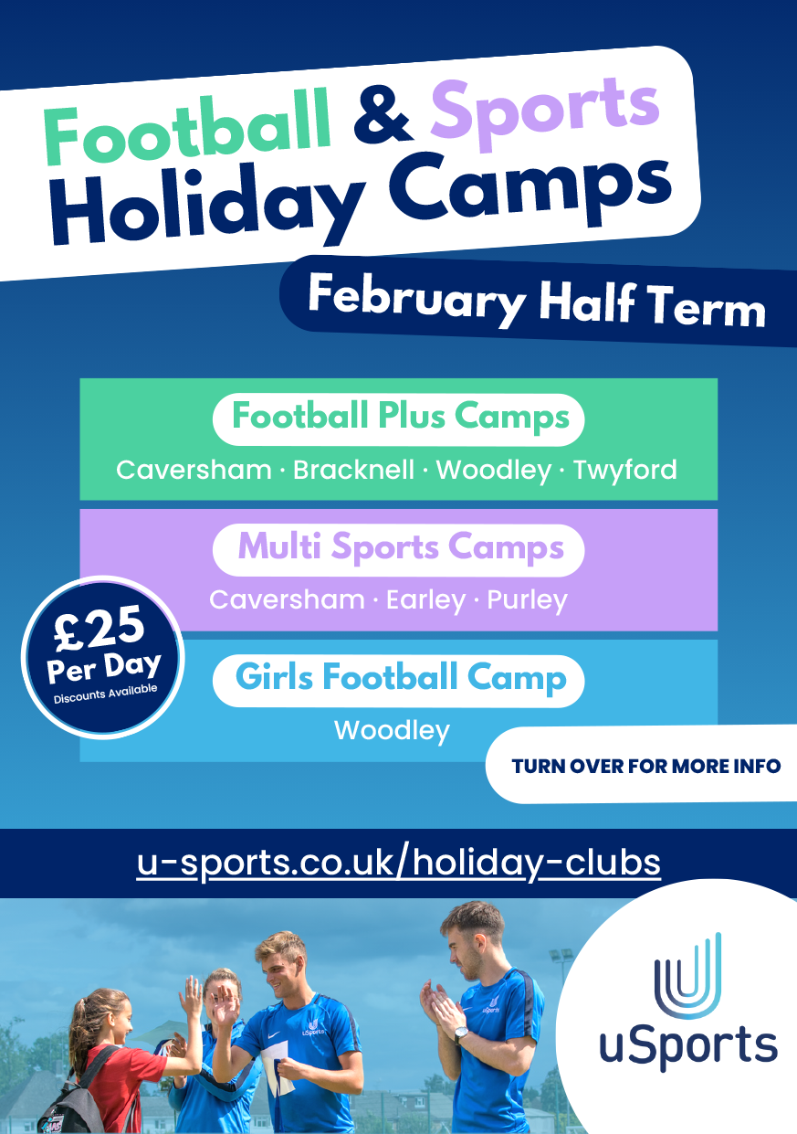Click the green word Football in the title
pos(187,127)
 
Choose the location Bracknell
pos(353,470)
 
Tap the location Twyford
pos(625,471)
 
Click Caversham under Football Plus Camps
pos(194,470)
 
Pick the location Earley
pos(425,601)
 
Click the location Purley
pos(527,601)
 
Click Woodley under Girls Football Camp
pos(392,731)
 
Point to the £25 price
pos(100,629)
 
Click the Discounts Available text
pos(105,694)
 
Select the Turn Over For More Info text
pos(646,766)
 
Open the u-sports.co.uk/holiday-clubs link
pos(398,864)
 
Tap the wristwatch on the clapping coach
pos(460,1032)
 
